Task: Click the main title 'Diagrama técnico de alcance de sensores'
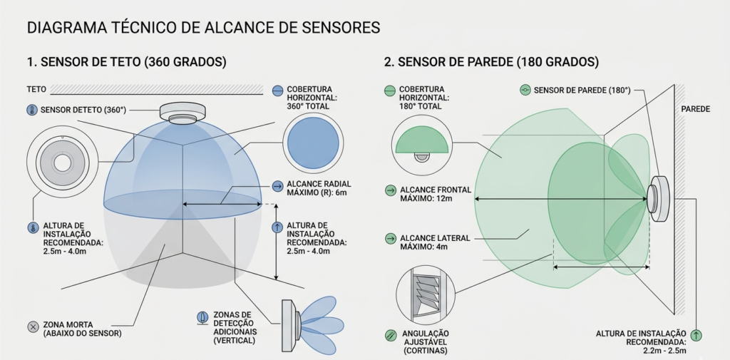tap(202, 29)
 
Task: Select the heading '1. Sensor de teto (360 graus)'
tap(126, 62)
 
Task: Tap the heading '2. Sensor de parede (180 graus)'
tap(491, 62)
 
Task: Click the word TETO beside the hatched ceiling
tap(36, 90)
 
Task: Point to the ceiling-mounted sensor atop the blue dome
tap(182, 113)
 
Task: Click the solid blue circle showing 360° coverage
tap(311, 143)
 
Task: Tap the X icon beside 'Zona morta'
tap(32, 326)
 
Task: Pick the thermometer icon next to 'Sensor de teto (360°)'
tap(31, 110)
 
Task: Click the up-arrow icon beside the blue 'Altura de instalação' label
tap(277, 228)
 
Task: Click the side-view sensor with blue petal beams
tap(289, 326)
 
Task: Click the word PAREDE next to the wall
tap(696, 110)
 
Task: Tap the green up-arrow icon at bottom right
tap(696, 335)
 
